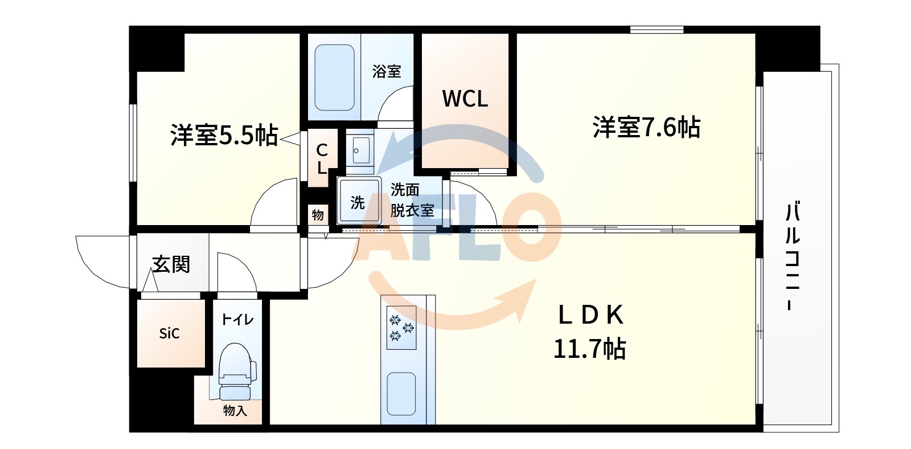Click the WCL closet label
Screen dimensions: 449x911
tap(465, 99)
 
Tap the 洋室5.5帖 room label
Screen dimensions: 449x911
tap(224, 135)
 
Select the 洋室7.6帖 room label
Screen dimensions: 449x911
tap(646, 127)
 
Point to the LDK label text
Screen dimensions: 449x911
tap(590, 315)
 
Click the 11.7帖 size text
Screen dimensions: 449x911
tap(589, 349)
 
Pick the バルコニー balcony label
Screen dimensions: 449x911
tap(792, 256)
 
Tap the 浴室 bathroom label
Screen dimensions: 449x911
tap(387, 71)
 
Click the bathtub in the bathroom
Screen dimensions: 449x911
tap(335, 77)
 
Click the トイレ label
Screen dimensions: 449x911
tap(237, 319)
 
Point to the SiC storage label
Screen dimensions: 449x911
tap(169, 333)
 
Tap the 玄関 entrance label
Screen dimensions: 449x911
tap(171, 264)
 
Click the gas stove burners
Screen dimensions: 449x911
tap(401, 328)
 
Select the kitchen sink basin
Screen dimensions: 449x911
tap(401, 394)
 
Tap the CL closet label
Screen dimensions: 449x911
tap(322, 159)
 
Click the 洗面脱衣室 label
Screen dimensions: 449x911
tap(412, 200)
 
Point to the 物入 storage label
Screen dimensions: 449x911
tap(235, 410)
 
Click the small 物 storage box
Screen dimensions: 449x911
tap(318, 215)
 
